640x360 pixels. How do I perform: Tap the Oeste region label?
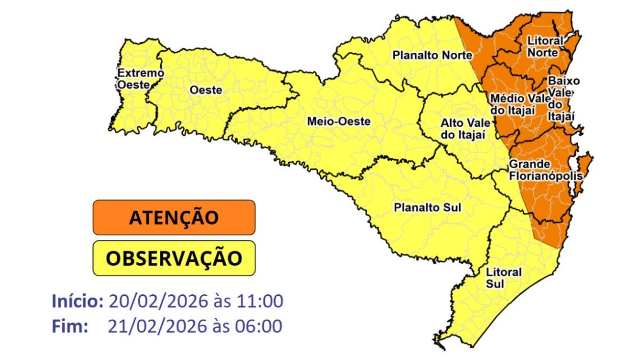pyautogui.click(x=205, y=90)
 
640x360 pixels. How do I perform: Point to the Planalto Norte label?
pyautogui.click(x=432, y=56)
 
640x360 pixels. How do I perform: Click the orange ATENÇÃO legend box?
pyautogui.click(x=174, y=217)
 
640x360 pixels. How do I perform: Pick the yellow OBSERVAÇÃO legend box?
pyautogui.click(x=174, y=258)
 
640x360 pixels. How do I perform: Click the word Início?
pyautogui.click(x=77, y=301)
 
